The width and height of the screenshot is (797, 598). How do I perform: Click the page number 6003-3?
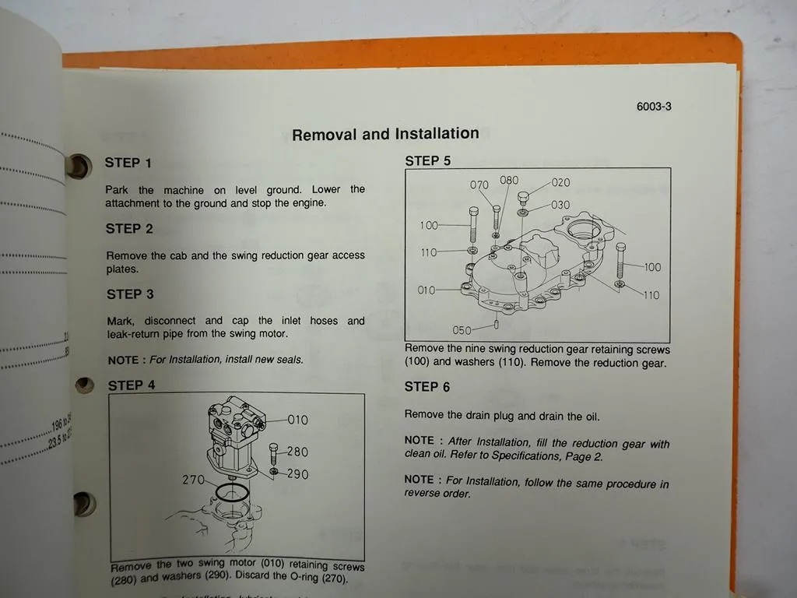click(x=654, y=107)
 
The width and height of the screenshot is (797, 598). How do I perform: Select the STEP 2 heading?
click(x=129, y=229)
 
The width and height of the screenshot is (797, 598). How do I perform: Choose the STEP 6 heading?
click(x=427, y=387)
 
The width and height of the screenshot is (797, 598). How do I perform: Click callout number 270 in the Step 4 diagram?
click(x=193, y=480)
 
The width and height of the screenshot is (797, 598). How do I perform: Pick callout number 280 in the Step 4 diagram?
click(x=297, y=452)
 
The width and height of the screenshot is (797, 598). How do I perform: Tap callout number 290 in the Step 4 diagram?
click(x=297, y=474)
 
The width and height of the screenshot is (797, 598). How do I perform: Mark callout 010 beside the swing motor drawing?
click(x=297, y=420)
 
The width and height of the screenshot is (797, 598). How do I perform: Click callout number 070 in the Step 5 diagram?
click(x=479, y=185)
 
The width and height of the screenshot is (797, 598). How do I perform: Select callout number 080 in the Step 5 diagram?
click(x=509, y=181)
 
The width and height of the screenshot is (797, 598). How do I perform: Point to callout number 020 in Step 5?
click(x=560, y=183)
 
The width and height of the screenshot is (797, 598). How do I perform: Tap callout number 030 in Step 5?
click(x=560, y=206)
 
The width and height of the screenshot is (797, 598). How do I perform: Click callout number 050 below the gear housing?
click(x=462, y=330)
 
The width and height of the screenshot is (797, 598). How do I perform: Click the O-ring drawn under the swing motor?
click(x=233, y=494)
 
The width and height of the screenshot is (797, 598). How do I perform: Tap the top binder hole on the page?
click(x=79, y=165)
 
